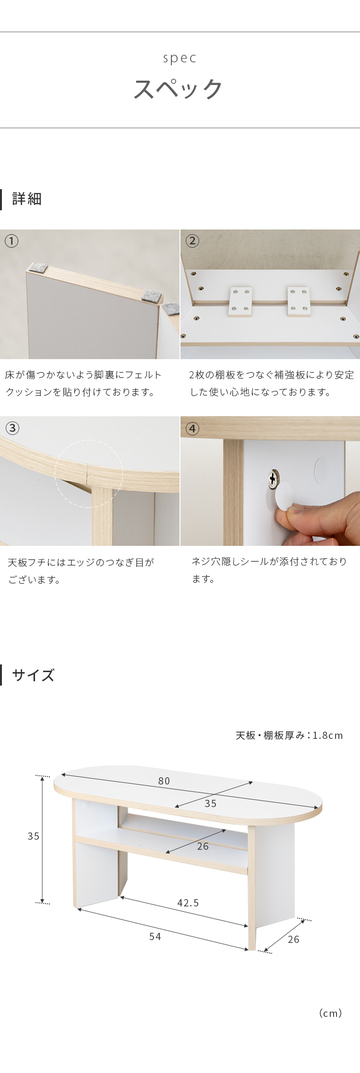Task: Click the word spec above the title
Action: [180, 59]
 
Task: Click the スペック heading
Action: [179, 89]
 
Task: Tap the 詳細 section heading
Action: [27, 199]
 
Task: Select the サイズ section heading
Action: [33, 675]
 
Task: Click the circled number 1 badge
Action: [12, 241]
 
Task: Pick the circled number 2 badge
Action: [192, 241]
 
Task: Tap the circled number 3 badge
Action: [12, 428]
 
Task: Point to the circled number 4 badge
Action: [192, 428]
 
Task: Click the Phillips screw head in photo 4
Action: [273, 479]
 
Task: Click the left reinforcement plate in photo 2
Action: [240, 301]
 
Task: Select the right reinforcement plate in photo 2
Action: [299, 301]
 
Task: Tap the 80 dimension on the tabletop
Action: [164, 781]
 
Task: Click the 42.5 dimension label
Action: [188, 903]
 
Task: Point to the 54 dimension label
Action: [155, 937]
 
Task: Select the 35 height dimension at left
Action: [33, 836]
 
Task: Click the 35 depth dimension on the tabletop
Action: [211, 804]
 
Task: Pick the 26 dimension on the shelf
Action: [203, 846]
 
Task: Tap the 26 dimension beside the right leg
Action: [294, 940]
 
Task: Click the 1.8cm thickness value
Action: [328, 735]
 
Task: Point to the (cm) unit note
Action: [331, 1013]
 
